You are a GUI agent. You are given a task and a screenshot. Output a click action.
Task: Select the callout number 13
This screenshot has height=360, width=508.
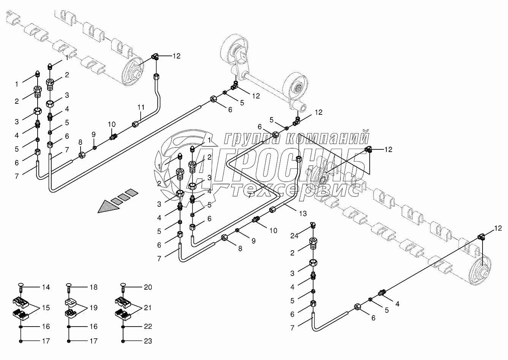pos(302,213)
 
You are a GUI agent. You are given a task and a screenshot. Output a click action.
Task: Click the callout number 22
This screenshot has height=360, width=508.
pos(148,327)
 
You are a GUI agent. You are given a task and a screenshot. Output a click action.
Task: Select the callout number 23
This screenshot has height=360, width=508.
pos(148,341)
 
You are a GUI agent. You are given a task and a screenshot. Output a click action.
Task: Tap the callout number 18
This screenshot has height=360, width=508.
pos(93,287)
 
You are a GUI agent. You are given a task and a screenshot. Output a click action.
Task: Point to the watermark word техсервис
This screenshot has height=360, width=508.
pos(296,189)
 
